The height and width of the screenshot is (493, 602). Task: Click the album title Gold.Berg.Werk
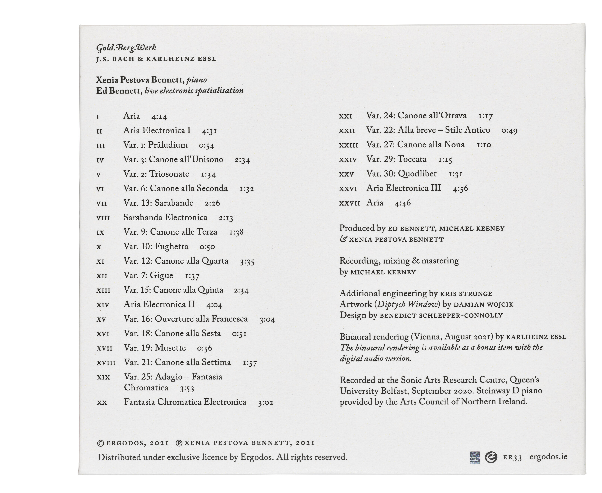[x=126, y=48]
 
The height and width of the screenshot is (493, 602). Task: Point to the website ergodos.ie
[x=548, y=457]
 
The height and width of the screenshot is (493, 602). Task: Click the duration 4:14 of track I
[x=159, y=117]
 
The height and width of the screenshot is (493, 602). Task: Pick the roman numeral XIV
[x=103, y=305]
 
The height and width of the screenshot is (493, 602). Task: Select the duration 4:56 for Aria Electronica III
[x=460, y=189]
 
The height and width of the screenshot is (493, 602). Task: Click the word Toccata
[x=412, y=159]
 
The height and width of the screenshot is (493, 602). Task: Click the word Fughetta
[x=172, y=246]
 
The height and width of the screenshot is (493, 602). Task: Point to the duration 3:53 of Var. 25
[x=187, y=389]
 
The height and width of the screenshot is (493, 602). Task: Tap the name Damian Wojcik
[x=483, y=305]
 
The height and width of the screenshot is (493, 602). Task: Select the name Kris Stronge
[x=466, y=294]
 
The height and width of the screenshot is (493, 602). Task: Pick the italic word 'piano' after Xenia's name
[x=197, y=80]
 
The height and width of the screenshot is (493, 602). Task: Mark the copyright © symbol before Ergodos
[x=100, y=443]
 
